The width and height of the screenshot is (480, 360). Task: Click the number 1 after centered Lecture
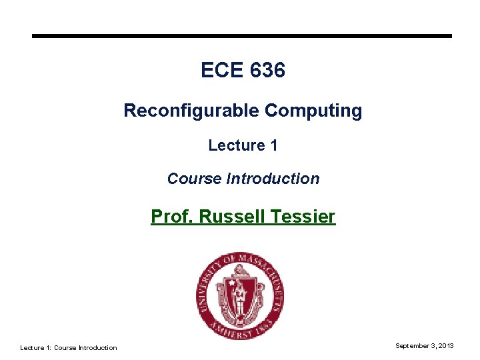click(x=273, y=145)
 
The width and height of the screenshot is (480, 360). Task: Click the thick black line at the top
click(x=242, y=36)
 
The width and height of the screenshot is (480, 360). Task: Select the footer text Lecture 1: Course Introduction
click(x=68, y=347)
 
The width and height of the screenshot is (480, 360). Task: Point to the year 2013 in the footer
click(x=447, y=345)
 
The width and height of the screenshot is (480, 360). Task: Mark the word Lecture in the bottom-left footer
click(x=32, y=347)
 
